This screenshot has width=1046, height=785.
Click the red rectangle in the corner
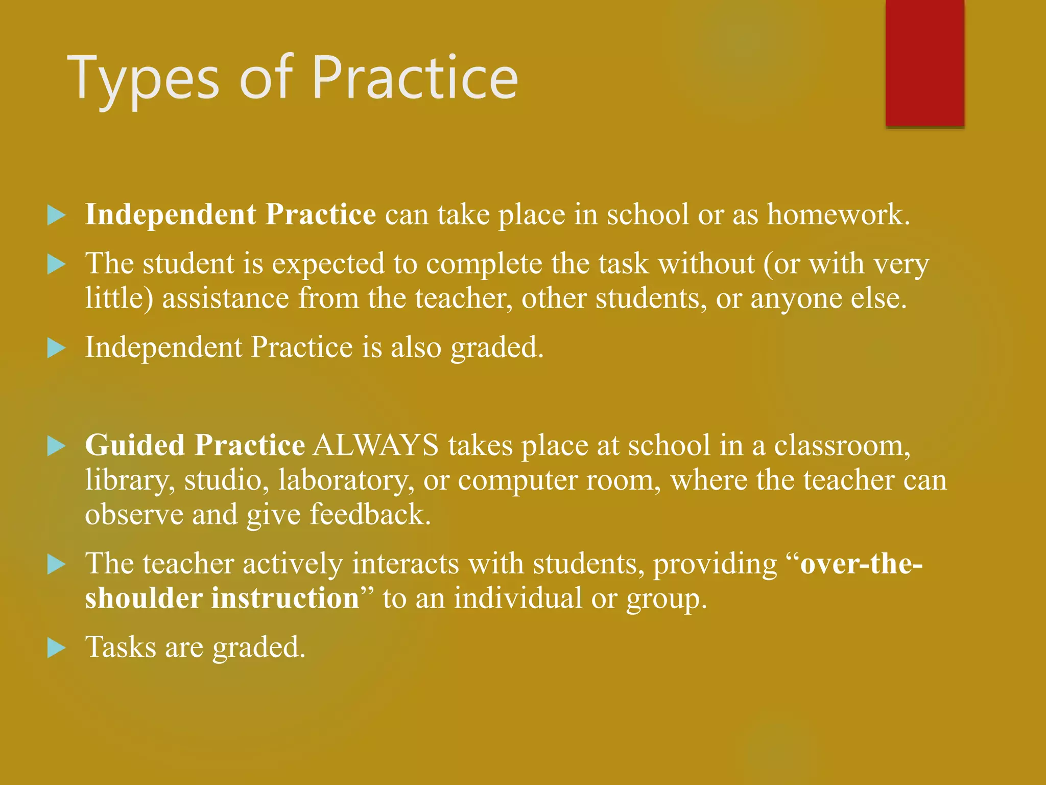pos(924,62)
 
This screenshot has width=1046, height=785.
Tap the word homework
pos(839,214)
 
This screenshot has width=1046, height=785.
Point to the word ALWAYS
pos(376,445)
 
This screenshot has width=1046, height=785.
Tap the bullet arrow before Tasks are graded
pos(56,648)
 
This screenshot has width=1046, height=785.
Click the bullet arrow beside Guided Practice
pos(56,446)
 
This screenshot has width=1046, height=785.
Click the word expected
pos(328,264)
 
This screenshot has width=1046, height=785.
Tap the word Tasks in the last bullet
pos(121,647)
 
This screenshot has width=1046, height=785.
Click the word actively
pos(293,564)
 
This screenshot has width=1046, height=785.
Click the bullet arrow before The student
pos(56,265)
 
